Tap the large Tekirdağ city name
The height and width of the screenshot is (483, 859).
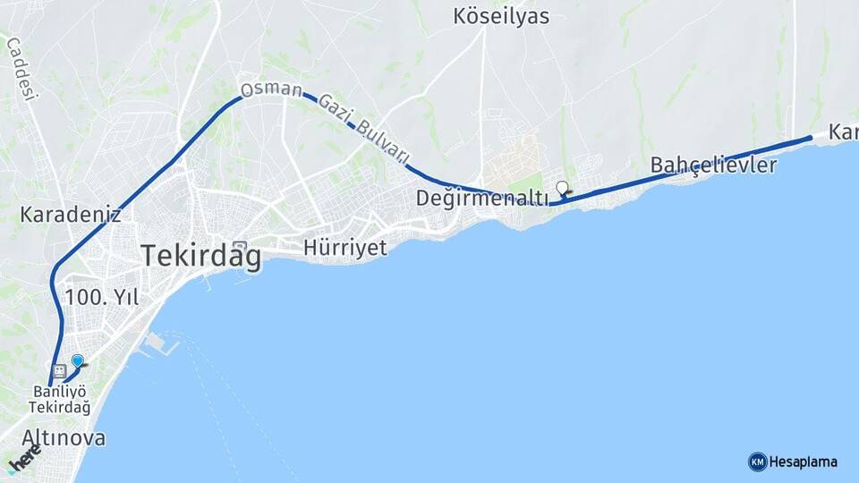coord(201,257)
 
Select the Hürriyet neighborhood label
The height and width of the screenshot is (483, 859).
coord(345,248)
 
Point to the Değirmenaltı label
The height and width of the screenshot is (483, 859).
coord(482,198)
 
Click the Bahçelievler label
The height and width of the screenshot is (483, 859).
coord(714,165)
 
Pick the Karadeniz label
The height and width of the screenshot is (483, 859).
coord(71,216)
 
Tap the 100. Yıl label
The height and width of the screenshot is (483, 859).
coord(102,298)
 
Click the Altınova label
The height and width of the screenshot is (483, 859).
coord(64,438)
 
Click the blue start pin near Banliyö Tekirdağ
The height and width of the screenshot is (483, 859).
coord(78,361)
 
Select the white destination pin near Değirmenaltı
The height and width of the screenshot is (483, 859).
coord(562,188)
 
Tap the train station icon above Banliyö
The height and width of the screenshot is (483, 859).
coord(60,370)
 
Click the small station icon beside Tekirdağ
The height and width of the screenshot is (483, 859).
coord(238,247)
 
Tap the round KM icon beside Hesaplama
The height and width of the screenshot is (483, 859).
coord(757,462)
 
